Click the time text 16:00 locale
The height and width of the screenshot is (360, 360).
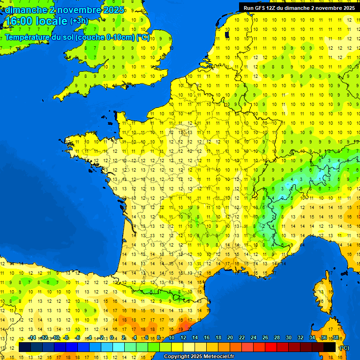pyautogui.click(x=36, y=21)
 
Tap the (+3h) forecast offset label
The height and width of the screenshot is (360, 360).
pyautogui.click(x=79, y=21)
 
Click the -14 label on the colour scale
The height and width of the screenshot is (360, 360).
pyautogui.click(x=32, y=338)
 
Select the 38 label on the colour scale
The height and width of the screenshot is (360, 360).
pyautogui.click(x=335, y=338)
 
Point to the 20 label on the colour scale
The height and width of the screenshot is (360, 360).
pyautogui.click(x=230, y=338)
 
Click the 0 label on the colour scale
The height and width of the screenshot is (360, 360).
pyautogui.click(x=113, y=338)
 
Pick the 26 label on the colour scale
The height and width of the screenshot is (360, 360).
pyautogui.click(x=265, y=338)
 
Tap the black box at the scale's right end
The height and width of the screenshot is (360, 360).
pyautogui.click(x=330, y=347)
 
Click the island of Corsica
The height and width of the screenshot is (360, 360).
pyautogui.click(x=322, y=291)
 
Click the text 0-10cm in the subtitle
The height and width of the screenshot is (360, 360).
pyautogui.click(x=120, y=37)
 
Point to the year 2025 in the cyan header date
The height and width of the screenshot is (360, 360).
pyautogui.click(x=114, y=9)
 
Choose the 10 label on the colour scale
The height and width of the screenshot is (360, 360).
pyautogui.click(x=172, y=338)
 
